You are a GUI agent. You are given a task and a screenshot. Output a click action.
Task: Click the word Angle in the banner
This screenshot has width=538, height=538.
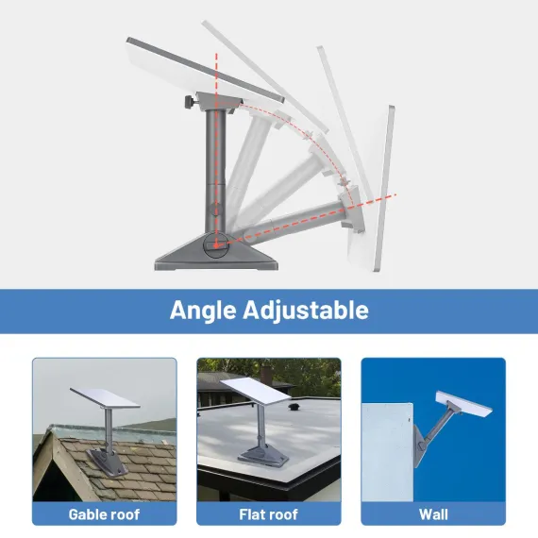[203, 311]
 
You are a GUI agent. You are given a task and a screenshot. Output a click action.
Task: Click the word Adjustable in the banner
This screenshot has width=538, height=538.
[306, 311]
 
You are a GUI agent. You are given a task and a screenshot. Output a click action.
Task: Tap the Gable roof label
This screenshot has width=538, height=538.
[104, 514]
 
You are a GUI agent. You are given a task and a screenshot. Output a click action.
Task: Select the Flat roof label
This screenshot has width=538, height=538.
[268, 514]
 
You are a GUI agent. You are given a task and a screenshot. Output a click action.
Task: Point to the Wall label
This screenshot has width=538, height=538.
[433, 514]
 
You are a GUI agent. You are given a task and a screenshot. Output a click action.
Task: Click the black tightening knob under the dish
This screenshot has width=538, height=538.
[189, 102]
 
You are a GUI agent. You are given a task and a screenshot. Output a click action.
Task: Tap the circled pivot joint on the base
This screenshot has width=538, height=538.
[216, 245]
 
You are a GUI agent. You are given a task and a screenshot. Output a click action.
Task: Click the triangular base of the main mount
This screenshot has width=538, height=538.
[216, 252]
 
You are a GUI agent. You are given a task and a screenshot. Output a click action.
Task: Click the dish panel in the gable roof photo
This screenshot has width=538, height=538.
[105, 398]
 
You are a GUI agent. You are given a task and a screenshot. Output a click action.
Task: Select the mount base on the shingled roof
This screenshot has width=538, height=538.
[107, 462]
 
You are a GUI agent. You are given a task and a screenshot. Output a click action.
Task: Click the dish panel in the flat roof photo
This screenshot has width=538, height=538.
[255, 392]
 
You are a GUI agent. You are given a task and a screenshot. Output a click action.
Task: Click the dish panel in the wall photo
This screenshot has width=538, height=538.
[463, 403]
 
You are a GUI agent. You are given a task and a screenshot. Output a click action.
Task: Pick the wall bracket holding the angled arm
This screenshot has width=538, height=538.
[420, 446]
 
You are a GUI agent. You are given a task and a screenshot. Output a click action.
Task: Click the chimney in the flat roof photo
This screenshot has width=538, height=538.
[266, 376]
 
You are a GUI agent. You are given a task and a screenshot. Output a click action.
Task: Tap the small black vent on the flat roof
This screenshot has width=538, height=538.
[294, 407]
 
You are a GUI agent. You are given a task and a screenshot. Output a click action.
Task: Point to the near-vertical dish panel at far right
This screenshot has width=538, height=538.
[383, 189]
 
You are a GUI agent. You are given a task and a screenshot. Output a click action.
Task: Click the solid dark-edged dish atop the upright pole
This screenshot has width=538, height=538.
[205, 71]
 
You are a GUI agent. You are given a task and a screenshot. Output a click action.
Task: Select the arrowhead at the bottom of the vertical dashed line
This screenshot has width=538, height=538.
[216, 245]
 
